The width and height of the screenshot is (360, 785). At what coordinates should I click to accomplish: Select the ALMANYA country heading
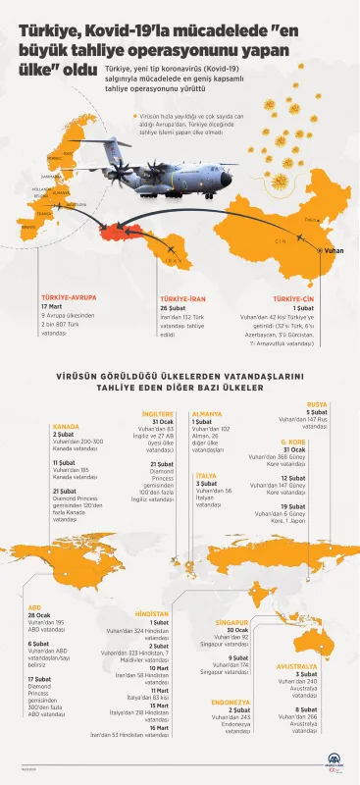tap(206, 414)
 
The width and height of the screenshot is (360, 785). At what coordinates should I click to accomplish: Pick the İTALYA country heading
tap(208, 475)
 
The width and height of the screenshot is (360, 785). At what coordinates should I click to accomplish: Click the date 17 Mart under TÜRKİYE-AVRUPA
tap(51, 305)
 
